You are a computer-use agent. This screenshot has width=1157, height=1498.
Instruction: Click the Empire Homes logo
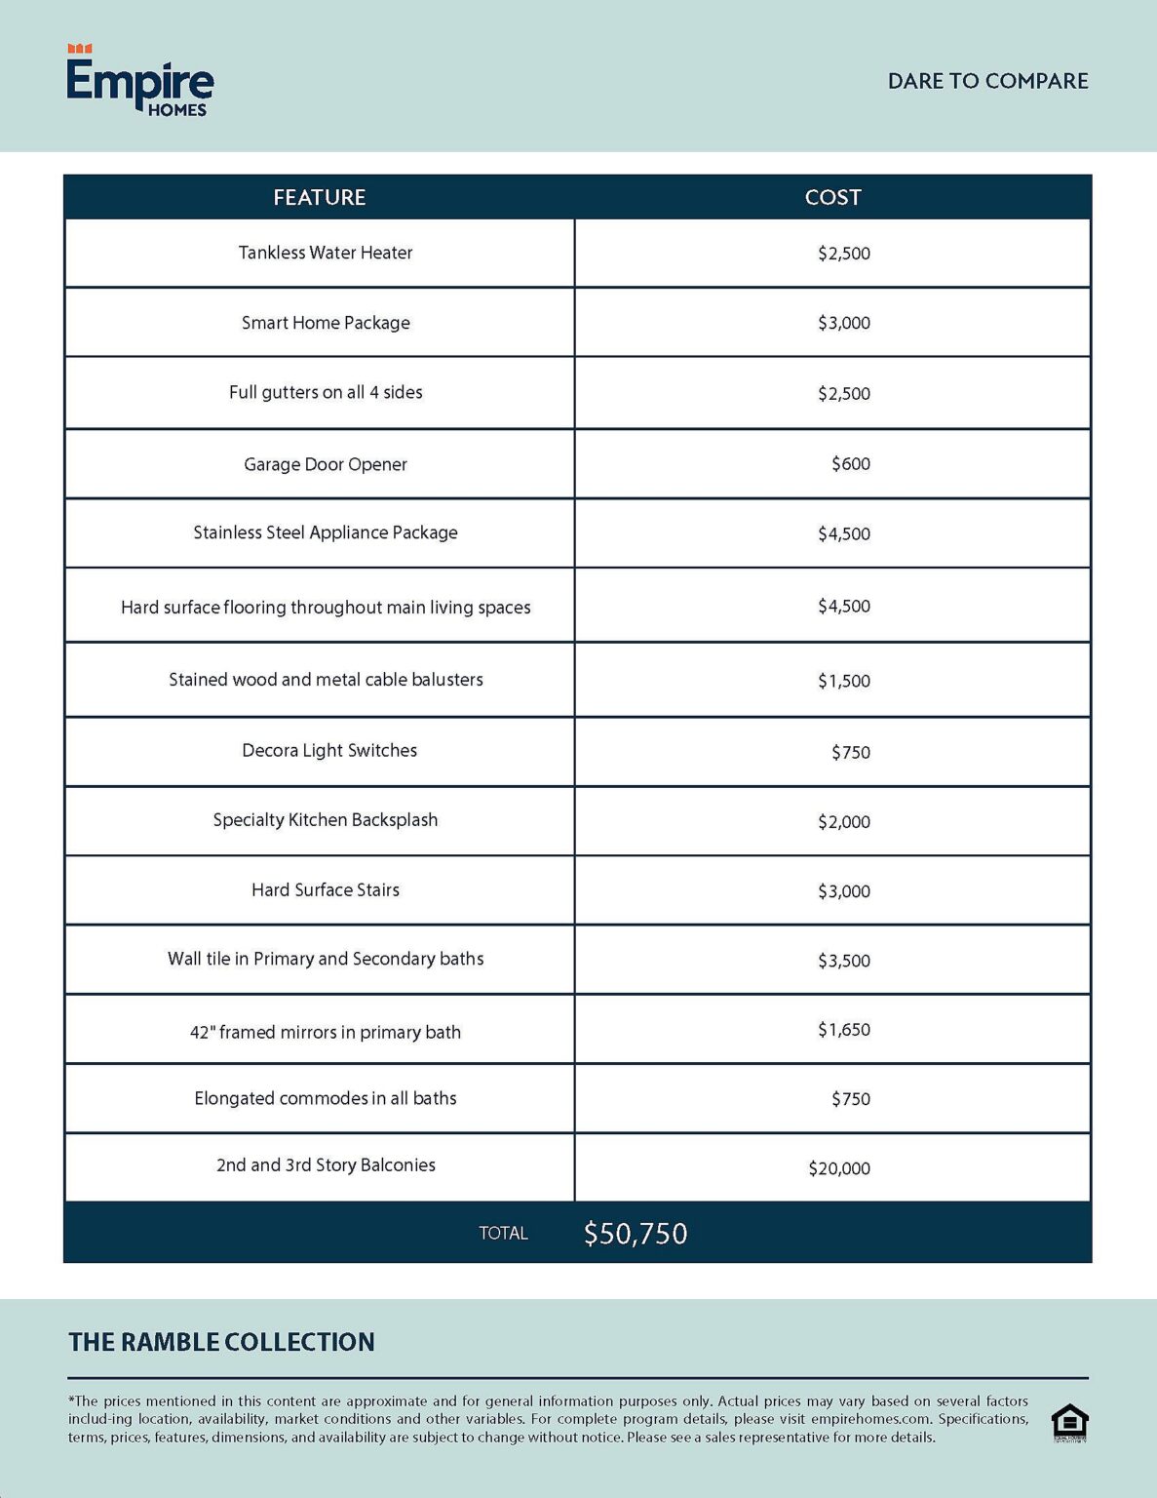click(139, 82)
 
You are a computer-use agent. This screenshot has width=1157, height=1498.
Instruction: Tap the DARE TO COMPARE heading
click(987, 81)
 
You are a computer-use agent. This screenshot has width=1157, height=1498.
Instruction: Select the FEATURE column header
click(319, 197)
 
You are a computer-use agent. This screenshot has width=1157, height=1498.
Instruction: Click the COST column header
click(832, 197)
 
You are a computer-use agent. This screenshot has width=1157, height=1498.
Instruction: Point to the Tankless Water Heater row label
click(326, 253)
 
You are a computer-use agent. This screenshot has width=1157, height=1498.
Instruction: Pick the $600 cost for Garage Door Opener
click(850, 464)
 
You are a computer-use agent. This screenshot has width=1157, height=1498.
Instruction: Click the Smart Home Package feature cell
click(326, 323)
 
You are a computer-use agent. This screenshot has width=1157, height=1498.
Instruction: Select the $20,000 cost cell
click(838, 1168)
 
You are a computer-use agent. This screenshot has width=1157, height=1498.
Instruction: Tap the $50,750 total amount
click(636, 1234)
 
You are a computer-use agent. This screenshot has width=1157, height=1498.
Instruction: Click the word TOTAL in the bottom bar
click(503, 1234)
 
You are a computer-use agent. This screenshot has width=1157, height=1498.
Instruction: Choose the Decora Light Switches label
click(329, 750)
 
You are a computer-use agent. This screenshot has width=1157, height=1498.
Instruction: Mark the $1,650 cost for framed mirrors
click(843, 1030)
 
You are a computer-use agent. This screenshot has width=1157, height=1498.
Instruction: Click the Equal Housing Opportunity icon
click(1069, 1423)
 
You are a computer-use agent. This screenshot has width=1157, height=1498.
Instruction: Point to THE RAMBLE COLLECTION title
click(221, 1342)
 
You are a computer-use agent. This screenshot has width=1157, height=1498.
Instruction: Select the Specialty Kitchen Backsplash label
click(326, 820)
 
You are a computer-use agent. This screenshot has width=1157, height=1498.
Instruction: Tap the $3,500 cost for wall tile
click(843, 961)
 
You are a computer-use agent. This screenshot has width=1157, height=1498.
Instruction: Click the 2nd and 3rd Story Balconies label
click(326, 1165)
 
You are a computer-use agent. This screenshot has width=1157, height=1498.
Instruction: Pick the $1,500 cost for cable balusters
click(843, 681)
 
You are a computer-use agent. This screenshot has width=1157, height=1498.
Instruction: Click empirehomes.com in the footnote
click(870, 1419)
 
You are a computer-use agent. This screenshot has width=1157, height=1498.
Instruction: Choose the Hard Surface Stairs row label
click(326, 889)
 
